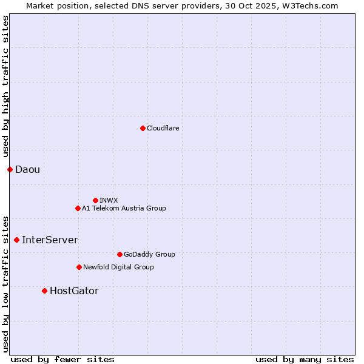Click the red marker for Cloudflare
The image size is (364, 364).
(x=143, y=128)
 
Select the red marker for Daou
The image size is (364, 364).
(x=10, y=169)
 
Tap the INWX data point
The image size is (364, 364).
(x=95, y=200)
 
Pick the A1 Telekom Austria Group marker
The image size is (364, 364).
(x=78, y=208)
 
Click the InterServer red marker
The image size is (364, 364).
(x=16, y=240)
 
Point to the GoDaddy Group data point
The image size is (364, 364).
(x=120, y=254)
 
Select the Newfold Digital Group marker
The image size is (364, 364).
(x=79, y=267)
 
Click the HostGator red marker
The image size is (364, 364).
(x=44, y=291)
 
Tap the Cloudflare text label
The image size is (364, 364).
(x=163, y=128)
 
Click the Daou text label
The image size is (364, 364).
(x=27, y=169)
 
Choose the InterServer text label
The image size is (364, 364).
(x=50, y=240)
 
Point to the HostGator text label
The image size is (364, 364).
(x=74, y=291)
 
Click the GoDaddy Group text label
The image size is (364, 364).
(x=149, y=254)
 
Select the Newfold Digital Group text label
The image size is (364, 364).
(x=118, y=267)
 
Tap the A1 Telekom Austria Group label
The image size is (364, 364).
(x=124, y=208)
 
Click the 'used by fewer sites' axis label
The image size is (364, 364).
(x=62, y=359)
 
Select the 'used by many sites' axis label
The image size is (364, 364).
(x=305, y=359)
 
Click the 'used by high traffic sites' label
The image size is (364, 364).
(x=5, y=87)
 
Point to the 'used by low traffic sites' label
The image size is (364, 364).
(x=5, y=283)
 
